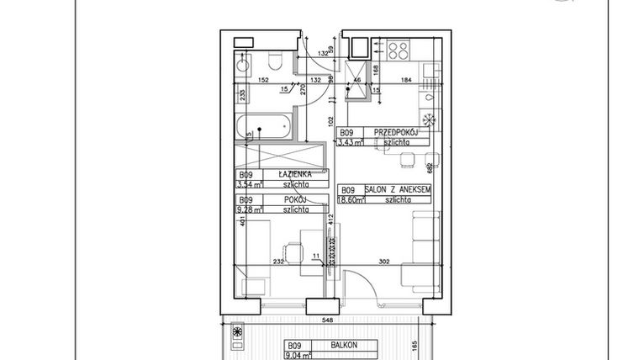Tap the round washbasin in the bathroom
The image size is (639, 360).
(x=241, y=63)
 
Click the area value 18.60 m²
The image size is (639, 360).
(x=351, y=201)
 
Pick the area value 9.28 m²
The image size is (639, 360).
(x=251, y=210)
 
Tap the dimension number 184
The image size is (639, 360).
(x=406, y=81)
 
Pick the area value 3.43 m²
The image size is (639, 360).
(x=351, y=143)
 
